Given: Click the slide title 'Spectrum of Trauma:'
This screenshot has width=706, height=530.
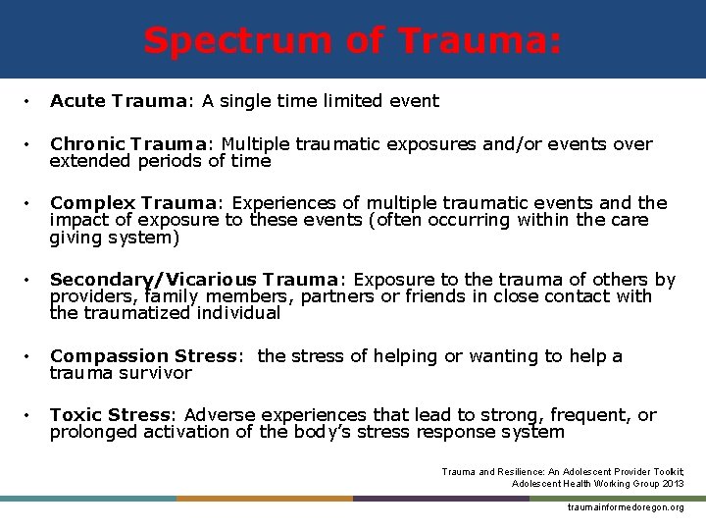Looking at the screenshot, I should pyautogui.click(x=353, y=40).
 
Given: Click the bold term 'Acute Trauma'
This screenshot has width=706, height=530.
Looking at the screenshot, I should pyautogui.click(x=104, y=101).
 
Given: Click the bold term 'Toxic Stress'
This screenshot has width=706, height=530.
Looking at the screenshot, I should pyautogui.click(x=110, y=415).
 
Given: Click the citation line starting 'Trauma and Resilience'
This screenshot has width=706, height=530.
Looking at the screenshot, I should pyautogui.click(x=562, y=471).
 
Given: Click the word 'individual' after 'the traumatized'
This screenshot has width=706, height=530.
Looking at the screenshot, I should pyautogui.click(x=237, y=314).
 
